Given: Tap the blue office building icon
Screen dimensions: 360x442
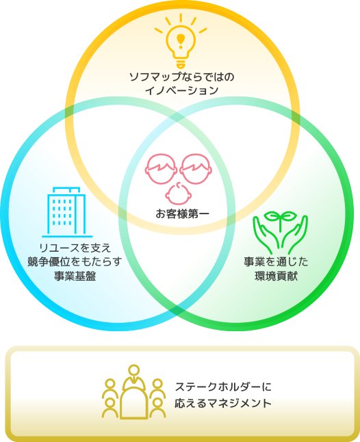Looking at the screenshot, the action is point(67,211).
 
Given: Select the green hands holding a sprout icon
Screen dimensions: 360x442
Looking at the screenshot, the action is point(280,233).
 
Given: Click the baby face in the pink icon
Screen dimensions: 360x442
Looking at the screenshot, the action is point(179,194).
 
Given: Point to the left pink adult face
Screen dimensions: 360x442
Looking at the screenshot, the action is point(161,168).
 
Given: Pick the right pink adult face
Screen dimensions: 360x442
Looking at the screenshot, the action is point(196,168).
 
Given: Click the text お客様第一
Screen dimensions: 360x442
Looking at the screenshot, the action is point(182,214).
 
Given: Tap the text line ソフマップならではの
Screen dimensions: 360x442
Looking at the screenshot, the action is point(182,77).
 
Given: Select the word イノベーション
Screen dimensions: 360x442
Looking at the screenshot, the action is point(182,90).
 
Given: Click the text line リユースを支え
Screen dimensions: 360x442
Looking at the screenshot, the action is point(75,248).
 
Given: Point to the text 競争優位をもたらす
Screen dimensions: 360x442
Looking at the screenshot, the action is point(75,262).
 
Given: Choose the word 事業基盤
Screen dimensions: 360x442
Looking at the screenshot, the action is point(75,276).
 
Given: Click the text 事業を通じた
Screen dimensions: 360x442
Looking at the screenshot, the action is point(276,262).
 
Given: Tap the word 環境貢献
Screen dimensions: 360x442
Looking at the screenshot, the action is point(276,276).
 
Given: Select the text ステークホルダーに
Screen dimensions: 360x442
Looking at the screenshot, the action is point(223,387).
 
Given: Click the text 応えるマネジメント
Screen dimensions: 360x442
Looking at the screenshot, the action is point(223,403).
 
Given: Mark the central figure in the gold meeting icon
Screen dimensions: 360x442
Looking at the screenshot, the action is point(134,392).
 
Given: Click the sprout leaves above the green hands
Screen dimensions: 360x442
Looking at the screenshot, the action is point(280,217).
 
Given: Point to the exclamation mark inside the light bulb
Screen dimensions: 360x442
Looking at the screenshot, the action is point(181,40).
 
